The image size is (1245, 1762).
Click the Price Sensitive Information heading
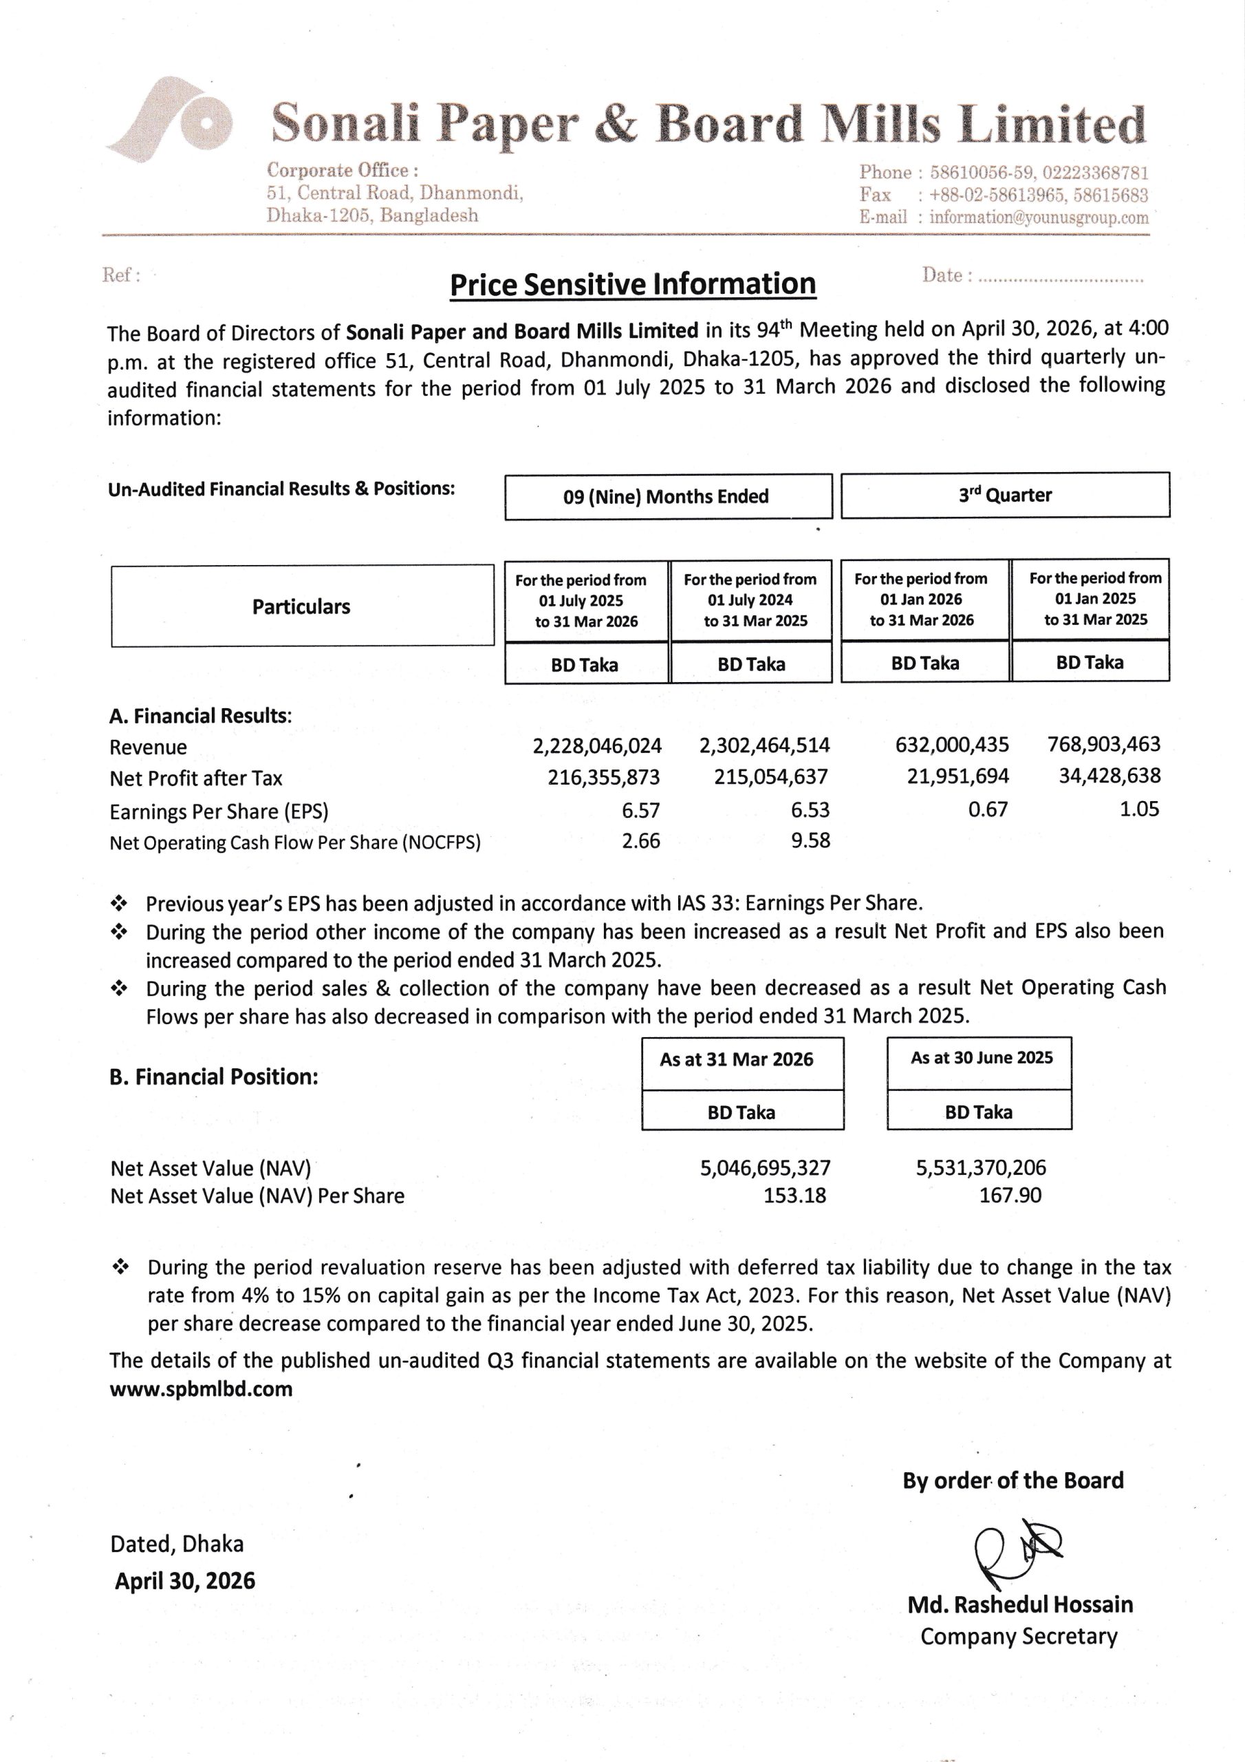[x=632, y=285]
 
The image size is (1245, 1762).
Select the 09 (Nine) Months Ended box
[x=667, y=496]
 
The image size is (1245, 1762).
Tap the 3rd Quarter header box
[x=1005, y=495]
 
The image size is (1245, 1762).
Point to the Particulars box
[x=301, y=606]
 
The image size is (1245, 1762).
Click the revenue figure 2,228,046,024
[x=597, y=746]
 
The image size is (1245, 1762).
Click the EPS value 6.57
[x=640, y=810]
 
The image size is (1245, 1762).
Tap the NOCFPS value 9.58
[x=810, y=840]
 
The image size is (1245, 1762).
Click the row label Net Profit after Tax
[x=195, y=778]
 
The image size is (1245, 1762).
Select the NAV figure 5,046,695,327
[x=765, y=1167]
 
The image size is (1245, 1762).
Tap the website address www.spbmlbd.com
[x=201, y=1389]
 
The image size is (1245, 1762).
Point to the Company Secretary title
[x=1019, y=1636]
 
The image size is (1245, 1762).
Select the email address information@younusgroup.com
[x=1039, y=217]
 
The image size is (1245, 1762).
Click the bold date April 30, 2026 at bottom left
[x=185, y=1581]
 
